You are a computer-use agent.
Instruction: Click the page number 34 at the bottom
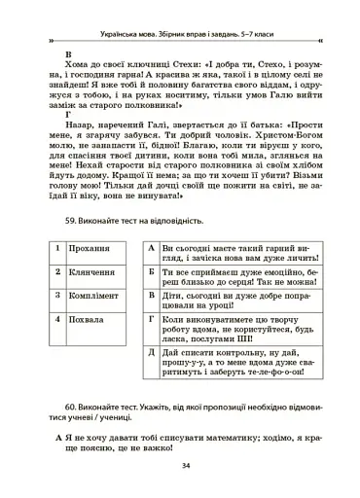184,466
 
